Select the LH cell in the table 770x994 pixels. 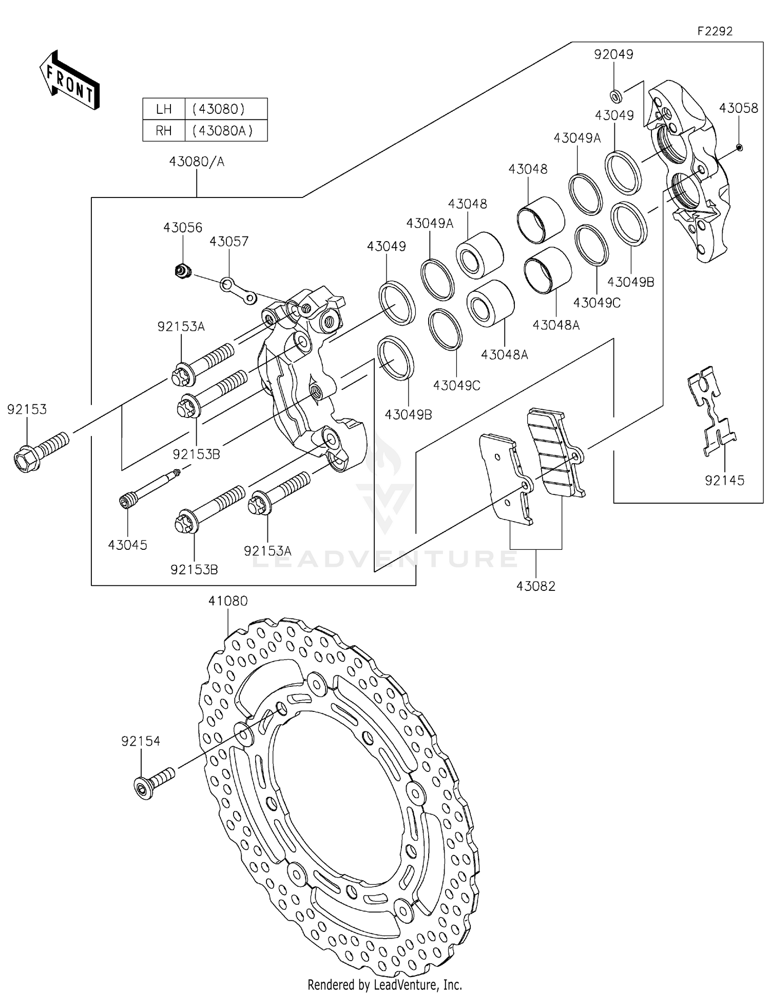(x=164, y=109)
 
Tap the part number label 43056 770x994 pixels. (x=183, y=227)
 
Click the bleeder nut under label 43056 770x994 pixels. (x=182, y=270)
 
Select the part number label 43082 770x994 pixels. (x=535, y=586)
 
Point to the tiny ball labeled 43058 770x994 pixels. (x=739, y=148)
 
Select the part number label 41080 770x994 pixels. (x=228, y=601)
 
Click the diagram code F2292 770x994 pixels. (x=715, y=31)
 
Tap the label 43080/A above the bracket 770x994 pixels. (x=197, y=162)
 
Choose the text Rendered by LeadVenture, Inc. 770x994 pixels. (x=384, y=984)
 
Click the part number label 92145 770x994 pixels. (x=724, y=480)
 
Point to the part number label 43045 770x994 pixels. (x=127, y=545)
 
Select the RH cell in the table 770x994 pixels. (x=164, y=131)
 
